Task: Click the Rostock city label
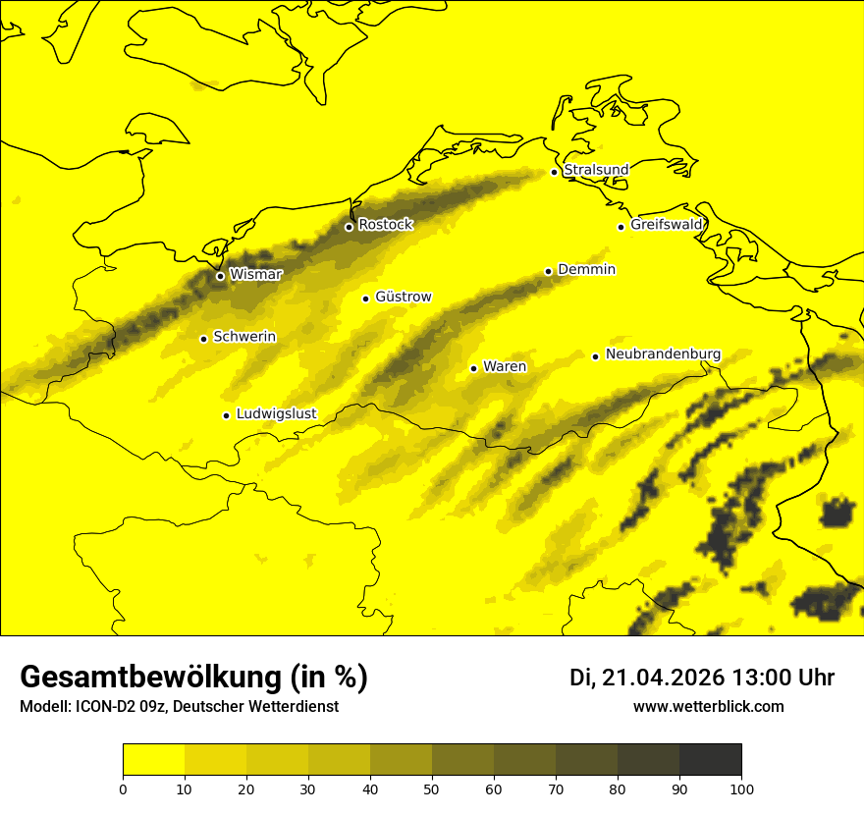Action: (386, 225)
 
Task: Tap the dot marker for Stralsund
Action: (554, 172)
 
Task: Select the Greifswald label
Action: (667, 225)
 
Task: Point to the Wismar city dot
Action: (220, 276)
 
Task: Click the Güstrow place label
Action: (404, 297)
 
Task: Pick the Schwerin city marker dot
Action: (203, 339)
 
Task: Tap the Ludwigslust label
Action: (276, 414)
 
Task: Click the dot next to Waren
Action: (473, 368)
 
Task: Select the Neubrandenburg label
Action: (664, 354)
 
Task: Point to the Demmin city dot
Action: (548, 271)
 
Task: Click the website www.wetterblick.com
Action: (709, 707)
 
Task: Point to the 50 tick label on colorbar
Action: (432, 788)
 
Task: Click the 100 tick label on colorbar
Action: (741, 788)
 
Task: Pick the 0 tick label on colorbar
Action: (123, 788)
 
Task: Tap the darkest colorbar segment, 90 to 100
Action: (710, 760)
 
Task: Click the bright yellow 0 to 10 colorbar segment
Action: (153, 760)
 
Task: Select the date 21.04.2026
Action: (664, 678)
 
